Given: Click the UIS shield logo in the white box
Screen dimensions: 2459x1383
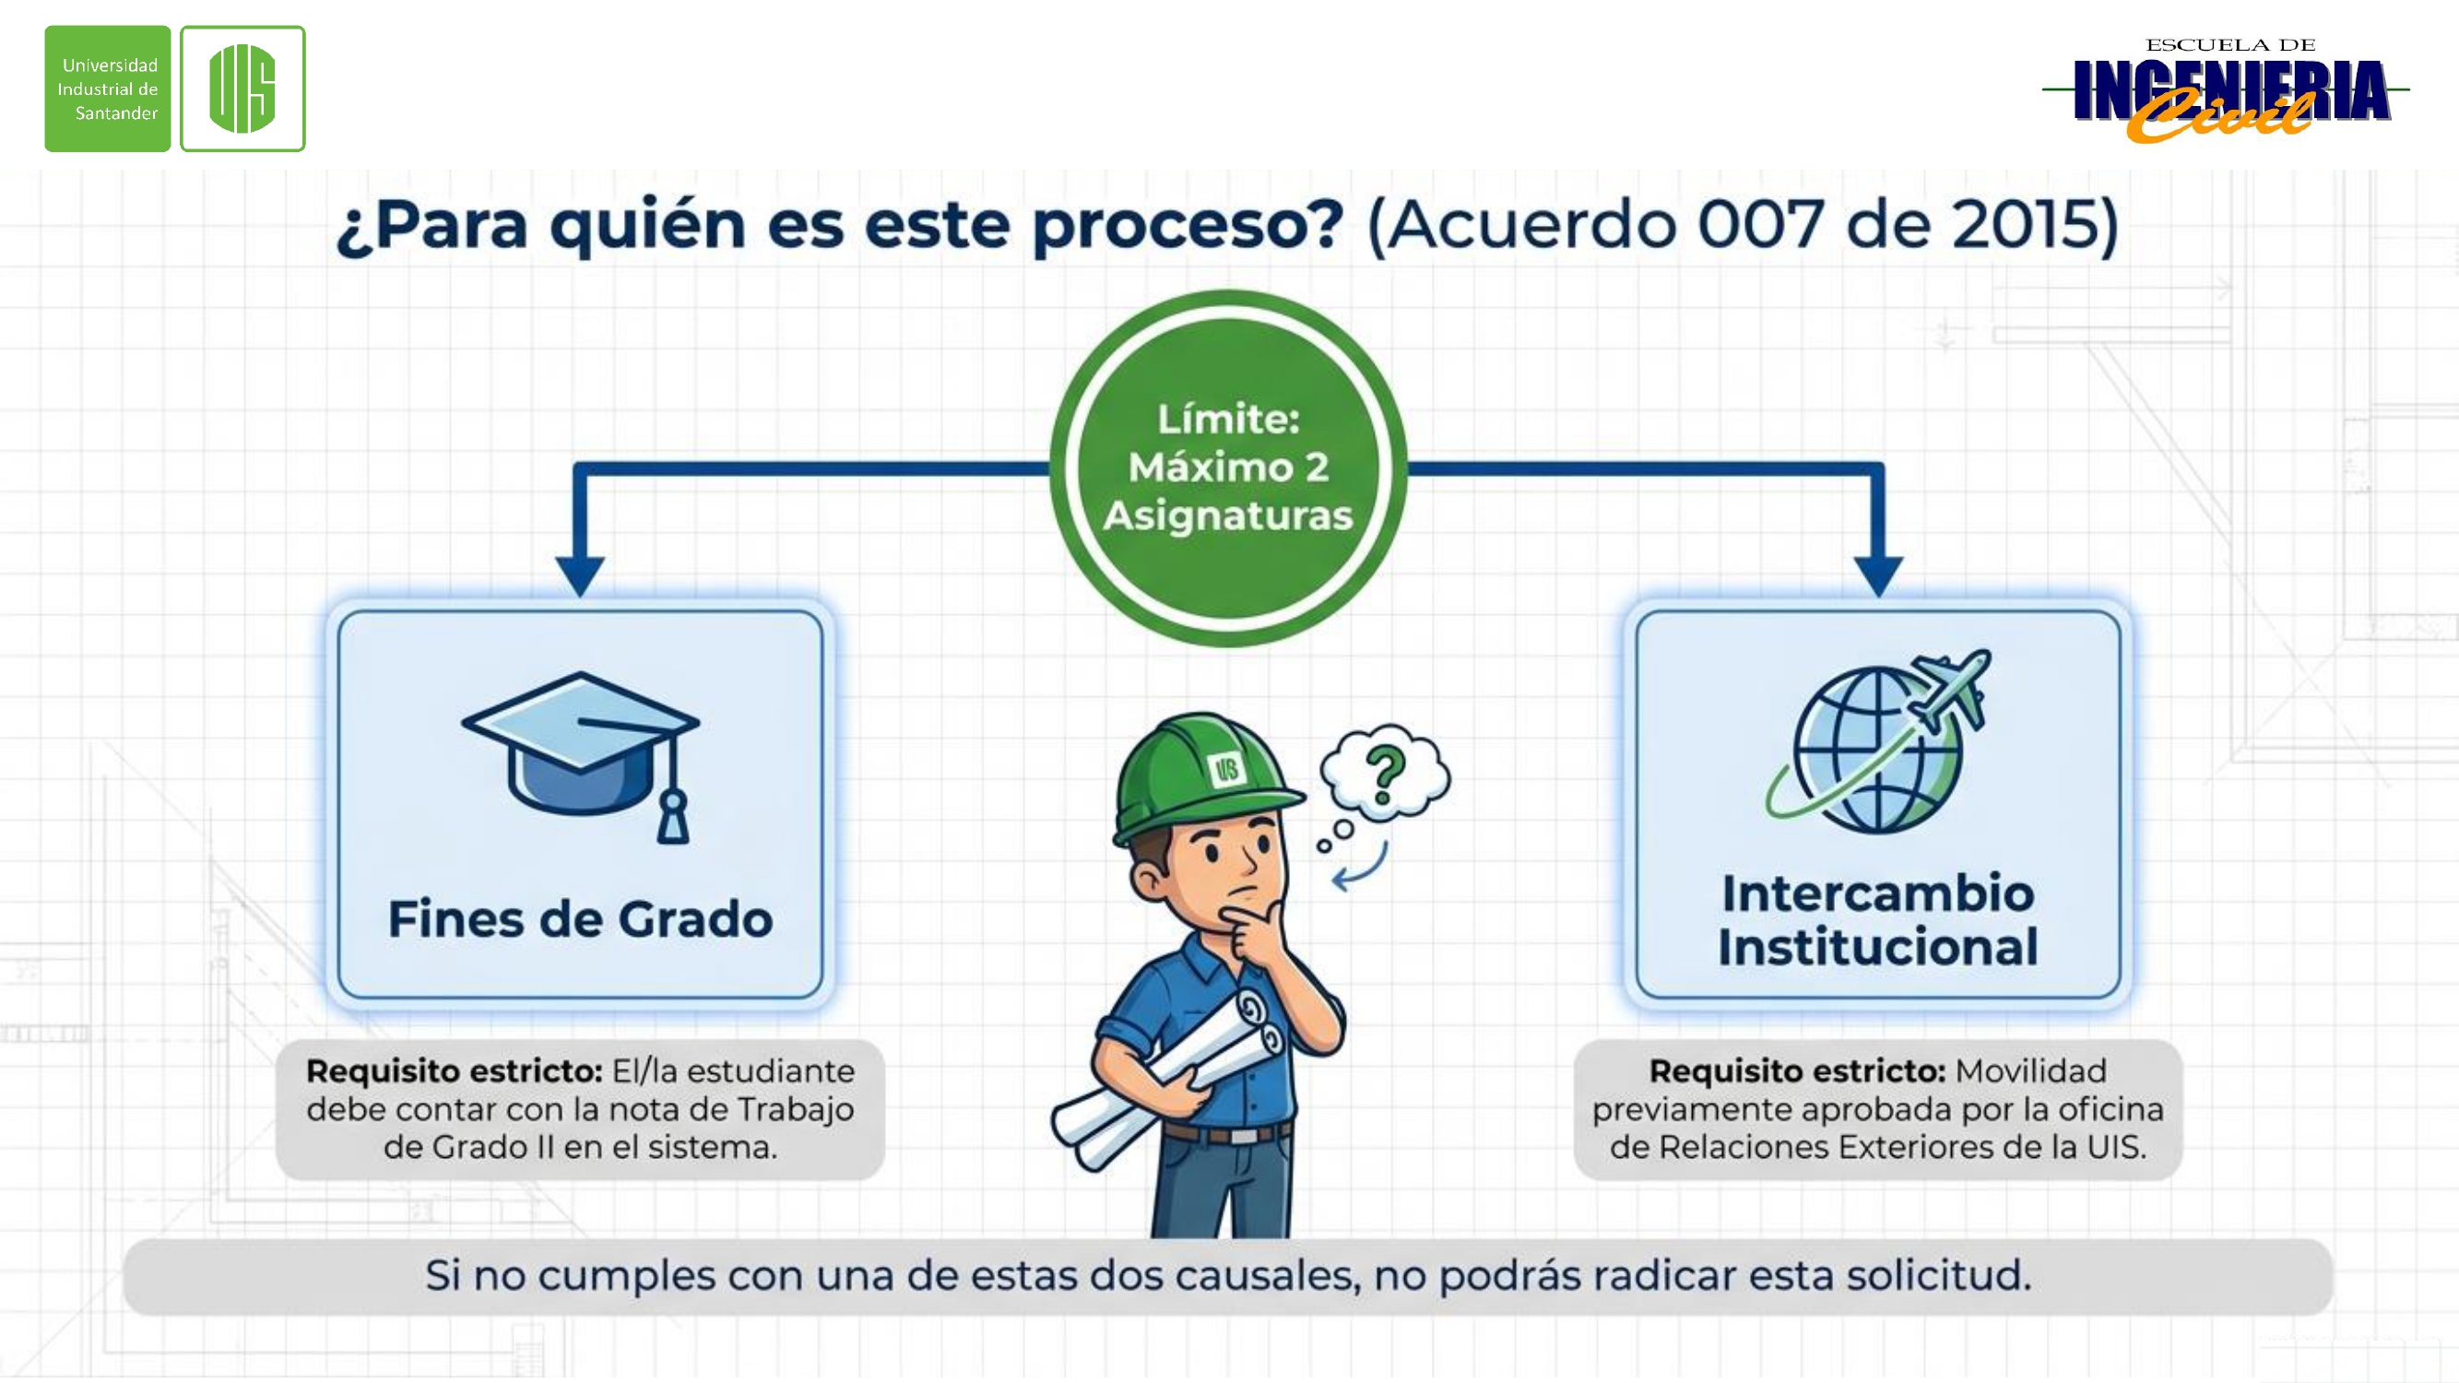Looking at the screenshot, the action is (x=242, y=89).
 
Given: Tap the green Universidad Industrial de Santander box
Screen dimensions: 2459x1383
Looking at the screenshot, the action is (x=108, y=89).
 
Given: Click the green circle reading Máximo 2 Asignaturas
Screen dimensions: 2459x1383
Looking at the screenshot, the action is (x=1228, y=467).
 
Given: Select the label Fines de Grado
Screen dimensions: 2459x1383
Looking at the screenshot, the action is (x=580, y=919).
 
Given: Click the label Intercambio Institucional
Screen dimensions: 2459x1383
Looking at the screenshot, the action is (x=1877, y=920).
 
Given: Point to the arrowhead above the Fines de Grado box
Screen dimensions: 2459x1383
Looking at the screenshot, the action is (x=579, y=575).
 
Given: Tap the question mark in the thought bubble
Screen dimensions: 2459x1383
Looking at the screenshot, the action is (x=1385, y=774).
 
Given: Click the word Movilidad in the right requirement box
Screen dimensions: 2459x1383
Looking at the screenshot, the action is (x=2030, y=1070).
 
